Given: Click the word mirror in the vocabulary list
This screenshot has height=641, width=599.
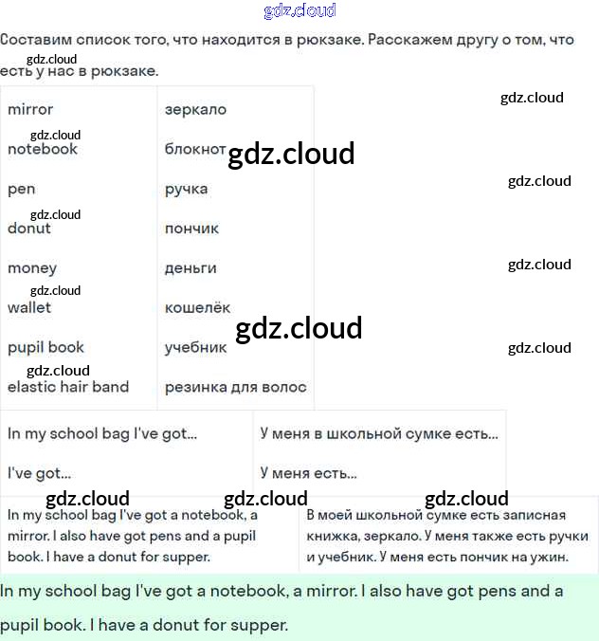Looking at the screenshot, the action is tap(30, 109).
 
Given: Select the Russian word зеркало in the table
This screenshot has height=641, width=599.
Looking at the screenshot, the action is tap(195, 109).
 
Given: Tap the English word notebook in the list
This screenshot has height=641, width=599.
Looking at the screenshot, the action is tap(43, 149).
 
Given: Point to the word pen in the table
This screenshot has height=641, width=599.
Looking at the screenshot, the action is tap(21, 189).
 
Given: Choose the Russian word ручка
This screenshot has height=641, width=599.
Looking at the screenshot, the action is tap(186, 189).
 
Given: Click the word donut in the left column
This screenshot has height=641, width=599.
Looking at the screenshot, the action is tap(29, 229).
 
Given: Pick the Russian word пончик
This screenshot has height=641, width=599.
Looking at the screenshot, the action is tap(191, 229).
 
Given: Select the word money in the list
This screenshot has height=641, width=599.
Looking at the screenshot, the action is tap(32, 268).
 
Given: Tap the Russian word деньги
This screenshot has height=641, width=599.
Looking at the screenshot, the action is tap(191, 268).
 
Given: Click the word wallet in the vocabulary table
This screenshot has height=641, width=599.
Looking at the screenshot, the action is tap(29, 307).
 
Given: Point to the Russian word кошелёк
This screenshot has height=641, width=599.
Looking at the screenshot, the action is tap(197, 307).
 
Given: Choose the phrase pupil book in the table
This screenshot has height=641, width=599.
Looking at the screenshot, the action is tap(45, 347).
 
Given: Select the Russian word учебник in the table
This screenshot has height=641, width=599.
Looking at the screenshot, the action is tap(195, 347).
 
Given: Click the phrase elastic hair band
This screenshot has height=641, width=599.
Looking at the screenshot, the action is tap(68, 387).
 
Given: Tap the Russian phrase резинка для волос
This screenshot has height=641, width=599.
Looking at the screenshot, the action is tap(235, 387).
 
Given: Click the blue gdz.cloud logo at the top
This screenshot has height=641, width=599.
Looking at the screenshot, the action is tap(299, 11).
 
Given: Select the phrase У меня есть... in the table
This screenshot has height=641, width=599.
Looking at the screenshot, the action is tap(308, 473).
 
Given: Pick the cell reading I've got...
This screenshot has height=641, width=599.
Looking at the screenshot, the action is tap(39, 473).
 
